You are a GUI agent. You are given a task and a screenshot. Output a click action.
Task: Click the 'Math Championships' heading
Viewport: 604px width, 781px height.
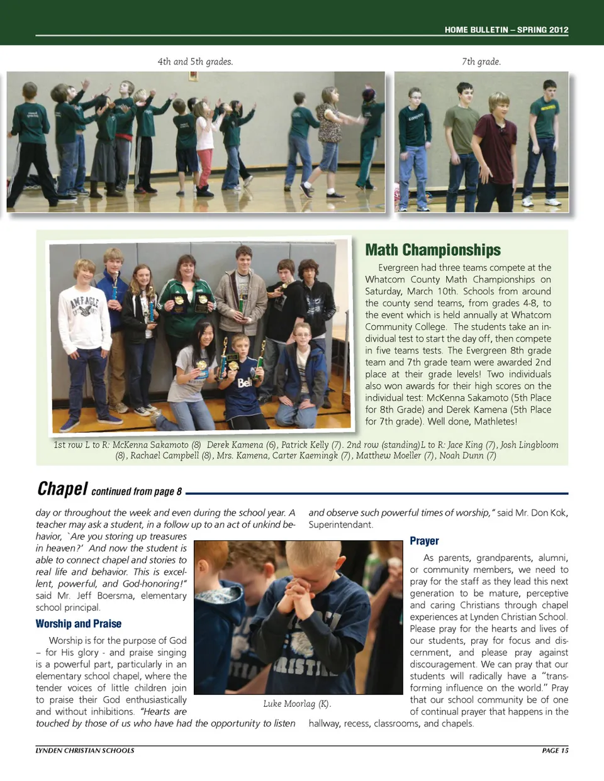[x=433, y=250]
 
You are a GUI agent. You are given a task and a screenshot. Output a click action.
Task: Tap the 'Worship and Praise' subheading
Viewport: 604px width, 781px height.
[x=79, y=624]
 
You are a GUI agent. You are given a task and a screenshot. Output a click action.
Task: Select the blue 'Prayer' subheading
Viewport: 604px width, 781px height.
[x=424, y=541]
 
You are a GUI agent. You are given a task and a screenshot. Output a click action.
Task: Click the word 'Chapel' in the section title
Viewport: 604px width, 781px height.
[x=62, y=489]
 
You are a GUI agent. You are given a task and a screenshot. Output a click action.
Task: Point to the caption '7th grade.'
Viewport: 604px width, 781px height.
[x=481, y=62]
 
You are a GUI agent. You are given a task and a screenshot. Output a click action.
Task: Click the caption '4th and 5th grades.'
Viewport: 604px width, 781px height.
[x=195, y=62]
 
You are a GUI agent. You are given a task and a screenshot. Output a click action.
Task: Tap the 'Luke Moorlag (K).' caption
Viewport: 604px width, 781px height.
[x=297, y=704]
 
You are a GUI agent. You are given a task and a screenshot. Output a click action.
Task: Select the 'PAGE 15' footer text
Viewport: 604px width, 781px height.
[x=555, y=750]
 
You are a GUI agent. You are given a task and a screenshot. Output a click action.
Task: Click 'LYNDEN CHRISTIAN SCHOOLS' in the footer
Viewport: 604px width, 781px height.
[x=85, y=750]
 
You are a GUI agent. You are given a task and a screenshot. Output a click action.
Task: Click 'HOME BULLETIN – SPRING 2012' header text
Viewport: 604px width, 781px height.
[x=506, y=30]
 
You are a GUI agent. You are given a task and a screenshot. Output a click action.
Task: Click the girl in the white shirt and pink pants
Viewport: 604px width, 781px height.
[x=204, y=148]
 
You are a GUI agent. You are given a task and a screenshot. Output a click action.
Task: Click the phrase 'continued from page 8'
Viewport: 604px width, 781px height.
[x=137, y=492]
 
